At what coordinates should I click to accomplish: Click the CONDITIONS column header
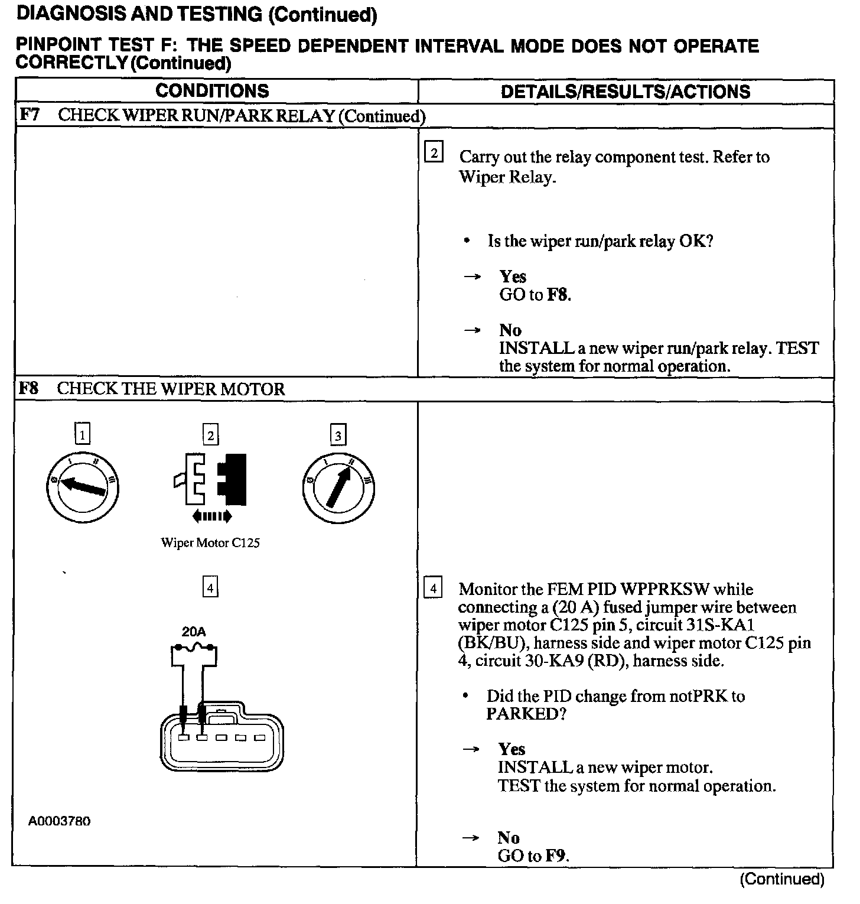(x=212, y=91)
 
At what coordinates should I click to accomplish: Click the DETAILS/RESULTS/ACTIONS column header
(x=626, y=92)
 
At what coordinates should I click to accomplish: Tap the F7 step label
(x=30, y=115)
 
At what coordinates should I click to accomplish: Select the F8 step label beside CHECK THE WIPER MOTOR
(x=29, y=388)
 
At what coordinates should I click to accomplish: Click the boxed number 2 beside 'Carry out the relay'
(x=434, y=153)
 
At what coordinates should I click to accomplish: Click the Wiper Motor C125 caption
(x=210, y=542)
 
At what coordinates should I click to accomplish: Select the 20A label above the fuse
(x=194, y=632)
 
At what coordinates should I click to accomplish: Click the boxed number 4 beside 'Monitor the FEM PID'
(x=433, y=588)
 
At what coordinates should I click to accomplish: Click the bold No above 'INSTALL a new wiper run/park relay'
(x=510, y=330)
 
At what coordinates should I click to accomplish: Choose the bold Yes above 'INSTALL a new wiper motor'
(x=512, y=749)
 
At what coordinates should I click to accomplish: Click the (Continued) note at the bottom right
(x=782, y=879)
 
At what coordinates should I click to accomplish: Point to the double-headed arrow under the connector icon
(x=212, y=517)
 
